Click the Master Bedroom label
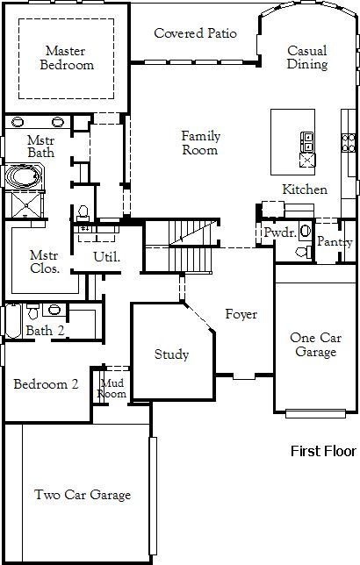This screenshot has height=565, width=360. [67, 58]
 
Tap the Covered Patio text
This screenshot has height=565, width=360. [195, 33]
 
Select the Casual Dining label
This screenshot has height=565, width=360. [307, 57]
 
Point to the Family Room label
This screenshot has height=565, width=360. [200, 143]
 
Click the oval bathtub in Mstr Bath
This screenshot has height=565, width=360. [25, 176]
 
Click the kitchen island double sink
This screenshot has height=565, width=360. [307, 142]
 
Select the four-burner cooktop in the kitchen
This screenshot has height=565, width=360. [349, 143]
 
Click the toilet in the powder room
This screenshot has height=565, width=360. [304, 252]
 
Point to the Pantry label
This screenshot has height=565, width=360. [335, 242]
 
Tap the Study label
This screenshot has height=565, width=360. [171, 354]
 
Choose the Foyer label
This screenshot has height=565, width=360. [241, 314]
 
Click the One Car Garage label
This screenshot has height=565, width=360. [315, 345]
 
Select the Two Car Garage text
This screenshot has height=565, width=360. [83, 495]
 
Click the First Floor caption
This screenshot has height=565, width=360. [323, 451]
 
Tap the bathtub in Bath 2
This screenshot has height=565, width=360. [13, 321]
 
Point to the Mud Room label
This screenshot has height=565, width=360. [112, 388]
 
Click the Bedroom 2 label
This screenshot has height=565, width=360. [46, 384]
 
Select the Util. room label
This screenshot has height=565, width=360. [106, 257]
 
